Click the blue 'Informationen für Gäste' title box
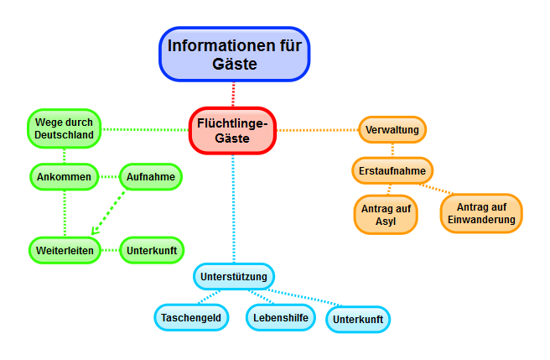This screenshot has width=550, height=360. pos(234,54)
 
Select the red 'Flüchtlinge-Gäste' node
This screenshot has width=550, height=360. pos(232,130)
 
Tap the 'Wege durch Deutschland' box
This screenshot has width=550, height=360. pos(64,128)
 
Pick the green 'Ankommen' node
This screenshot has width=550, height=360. pos(64,177)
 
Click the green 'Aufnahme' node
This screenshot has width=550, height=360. pos(150,177)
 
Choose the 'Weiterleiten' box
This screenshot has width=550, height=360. pos(64,249)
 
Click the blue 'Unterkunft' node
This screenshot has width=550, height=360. pos(358,319)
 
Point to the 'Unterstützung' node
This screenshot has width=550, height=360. pos(234,276)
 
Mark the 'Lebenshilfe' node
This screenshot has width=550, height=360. pos(280,317)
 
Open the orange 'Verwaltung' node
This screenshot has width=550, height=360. pos(392,130)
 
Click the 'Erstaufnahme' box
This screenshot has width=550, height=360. pos(392,171)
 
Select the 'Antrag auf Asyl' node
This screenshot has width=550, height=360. pos(385,215)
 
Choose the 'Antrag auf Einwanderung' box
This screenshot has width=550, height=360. pos(480,213)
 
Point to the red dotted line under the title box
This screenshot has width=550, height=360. pos(234,94)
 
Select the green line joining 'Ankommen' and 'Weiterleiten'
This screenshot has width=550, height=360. pos(64,213)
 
